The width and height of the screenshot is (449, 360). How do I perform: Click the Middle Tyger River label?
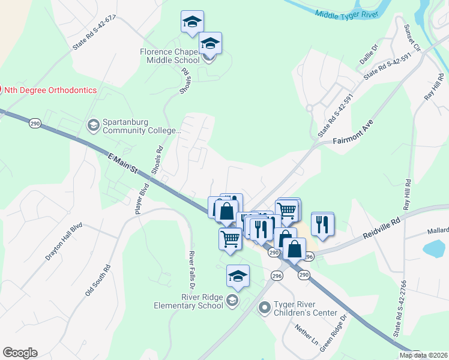pyautogui.click(x=342, y=13)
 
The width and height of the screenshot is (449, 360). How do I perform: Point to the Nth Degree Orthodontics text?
pyautogui.click(x=51, y=90)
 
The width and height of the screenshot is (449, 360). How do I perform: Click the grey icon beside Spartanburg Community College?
pyautogui.click(x=93, y=125)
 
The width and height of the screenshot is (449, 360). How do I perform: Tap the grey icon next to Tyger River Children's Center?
pyautogui.click(x=264, y=308)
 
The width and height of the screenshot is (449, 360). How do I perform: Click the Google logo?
pyautogui.click(x=20, y=353)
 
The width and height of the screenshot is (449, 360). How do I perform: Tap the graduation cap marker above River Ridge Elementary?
pyautogui.click(x=238, y=275)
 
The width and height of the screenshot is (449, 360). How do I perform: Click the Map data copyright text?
pyautogui.click(x=424, y=355)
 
